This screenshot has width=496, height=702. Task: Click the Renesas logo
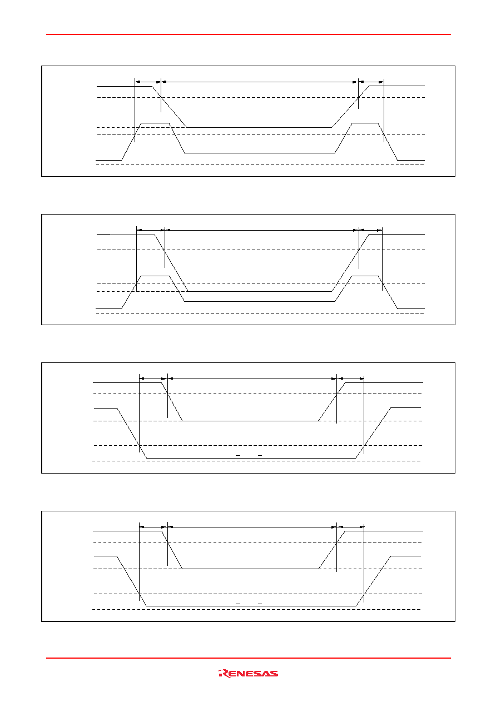coord(248,674)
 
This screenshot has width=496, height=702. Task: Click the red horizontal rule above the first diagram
coord(249,34)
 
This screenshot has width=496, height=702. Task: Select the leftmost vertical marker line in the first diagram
coord(135,110)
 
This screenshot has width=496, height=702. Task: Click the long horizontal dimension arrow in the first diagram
coord(260,82)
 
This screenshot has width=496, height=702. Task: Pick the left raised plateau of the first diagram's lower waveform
coord(155,123)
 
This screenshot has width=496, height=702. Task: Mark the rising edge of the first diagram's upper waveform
coord(350,107)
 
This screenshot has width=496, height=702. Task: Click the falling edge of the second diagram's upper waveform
coord(171,263)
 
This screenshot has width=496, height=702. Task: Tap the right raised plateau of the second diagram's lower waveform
coord(365,276)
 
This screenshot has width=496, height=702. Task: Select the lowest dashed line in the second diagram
coord(260,313)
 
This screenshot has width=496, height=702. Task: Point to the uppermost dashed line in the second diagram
coord(261,250)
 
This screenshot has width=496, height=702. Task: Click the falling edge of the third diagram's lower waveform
coord(132,433)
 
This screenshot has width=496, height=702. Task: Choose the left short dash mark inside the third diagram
coord(238,455)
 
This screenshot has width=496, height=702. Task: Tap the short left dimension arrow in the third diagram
coord(153,379)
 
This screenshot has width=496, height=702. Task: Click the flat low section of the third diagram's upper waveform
coord(250,421)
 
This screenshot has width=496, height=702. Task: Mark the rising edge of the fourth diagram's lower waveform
coord(373,581)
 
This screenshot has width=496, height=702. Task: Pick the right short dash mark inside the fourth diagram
coord(260,604)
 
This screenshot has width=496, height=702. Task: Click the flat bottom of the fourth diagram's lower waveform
coord(251,606)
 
